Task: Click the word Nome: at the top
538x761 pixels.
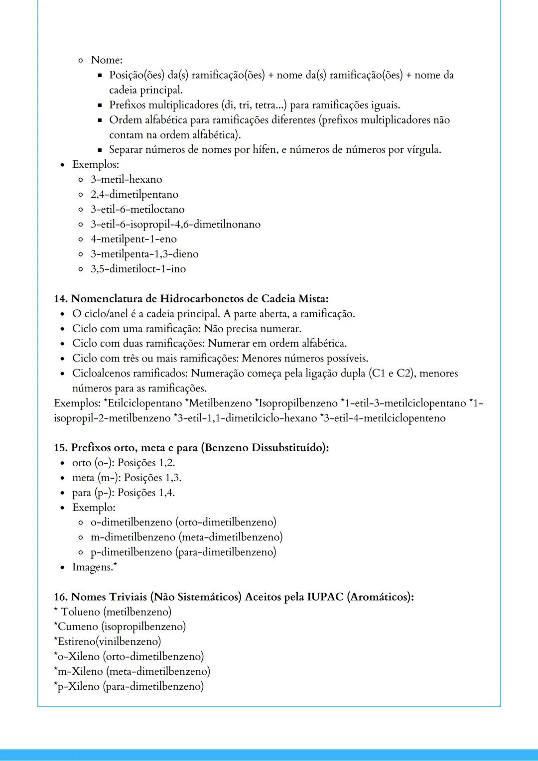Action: (106, 60)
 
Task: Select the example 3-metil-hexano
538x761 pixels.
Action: (126, 179)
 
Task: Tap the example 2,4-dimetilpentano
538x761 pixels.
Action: (134, 194)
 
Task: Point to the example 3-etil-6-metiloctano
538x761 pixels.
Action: (137, 209)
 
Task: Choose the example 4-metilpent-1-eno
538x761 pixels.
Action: (134, 239)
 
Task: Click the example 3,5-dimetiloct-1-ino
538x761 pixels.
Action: (138, 269)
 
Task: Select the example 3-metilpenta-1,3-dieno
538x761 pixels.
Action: (144, 254)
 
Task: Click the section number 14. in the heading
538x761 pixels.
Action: (61, 299)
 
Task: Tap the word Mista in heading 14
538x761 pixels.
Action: (312, 299)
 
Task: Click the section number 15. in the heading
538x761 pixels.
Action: (61, 448)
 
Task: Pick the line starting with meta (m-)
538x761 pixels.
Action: (127, 478)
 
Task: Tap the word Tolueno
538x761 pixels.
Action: (81, 612)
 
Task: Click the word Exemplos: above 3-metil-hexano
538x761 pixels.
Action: (95, 164)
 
